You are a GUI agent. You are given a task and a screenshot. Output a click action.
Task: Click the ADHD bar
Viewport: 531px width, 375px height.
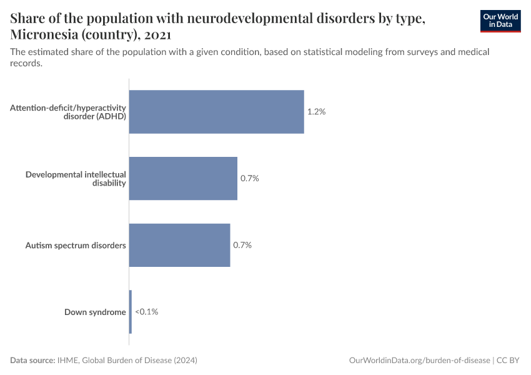pyautogui.click(x=216, y=112)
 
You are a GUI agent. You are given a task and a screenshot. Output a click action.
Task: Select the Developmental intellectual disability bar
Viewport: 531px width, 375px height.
pyautogui.click(x=183, y=178)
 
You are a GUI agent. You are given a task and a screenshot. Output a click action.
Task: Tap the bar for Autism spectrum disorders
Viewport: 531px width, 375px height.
pyautogui.click(x=179, y=245)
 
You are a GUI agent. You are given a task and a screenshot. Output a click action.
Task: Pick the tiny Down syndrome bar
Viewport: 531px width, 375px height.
pyautogui.click(x=131, y=311)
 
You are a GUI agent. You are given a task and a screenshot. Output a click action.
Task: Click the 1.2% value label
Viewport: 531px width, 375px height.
pyautogui.click(x=316, y=112)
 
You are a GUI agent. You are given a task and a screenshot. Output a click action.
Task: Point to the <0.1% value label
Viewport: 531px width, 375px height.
pyautogui.click(x=146, y=311)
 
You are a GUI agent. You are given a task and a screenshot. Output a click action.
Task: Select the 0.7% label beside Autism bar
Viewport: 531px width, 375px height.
pyautogui.click(x=242, y=245)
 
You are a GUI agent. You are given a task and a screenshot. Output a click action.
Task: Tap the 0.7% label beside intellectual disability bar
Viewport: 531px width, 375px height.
pyautogui.click(x=249, y=178)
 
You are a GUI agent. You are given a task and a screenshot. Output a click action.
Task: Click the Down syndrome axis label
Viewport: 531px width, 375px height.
pyautogui.click(x=95, y=312)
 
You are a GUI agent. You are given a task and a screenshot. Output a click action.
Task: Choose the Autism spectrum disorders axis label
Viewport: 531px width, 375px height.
pyautogui.click(x=76, y=245)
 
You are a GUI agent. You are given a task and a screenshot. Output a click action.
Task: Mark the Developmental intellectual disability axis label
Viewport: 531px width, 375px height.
pyautogui.click(x=76, y=178)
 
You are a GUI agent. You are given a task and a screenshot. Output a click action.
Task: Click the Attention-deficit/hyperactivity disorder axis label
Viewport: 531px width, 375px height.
pyautogui.click(x=68, y=112)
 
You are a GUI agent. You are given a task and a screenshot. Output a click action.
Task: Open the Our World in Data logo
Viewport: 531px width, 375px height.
pyautogui.click(x=500, y=21)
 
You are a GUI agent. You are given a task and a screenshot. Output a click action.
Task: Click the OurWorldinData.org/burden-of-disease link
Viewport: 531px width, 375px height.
pyautogui.click(x=419, y=361)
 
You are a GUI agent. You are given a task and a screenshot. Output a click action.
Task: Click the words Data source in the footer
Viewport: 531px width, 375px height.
pyautogui.click(x=32, y=361)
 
